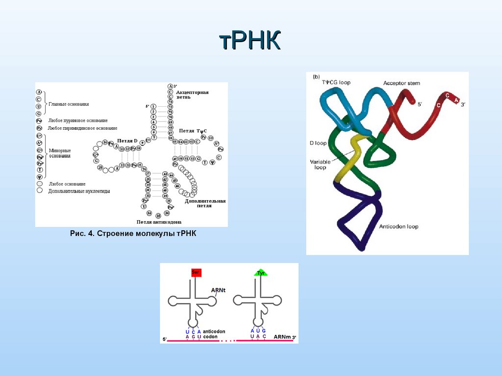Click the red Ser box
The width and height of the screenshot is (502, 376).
196,273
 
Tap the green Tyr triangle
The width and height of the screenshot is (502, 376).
260,273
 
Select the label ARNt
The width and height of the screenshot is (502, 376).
218,290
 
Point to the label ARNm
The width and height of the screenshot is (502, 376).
282,337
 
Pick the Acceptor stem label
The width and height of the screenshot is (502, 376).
402,83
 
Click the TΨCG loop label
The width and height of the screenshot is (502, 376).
336,82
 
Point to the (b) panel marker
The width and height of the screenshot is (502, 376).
317,76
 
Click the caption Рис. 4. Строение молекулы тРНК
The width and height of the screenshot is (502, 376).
133,234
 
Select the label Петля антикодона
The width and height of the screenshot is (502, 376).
156,222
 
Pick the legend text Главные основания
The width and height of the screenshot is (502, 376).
69,104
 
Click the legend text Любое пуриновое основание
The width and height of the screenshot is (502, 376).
78,120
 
